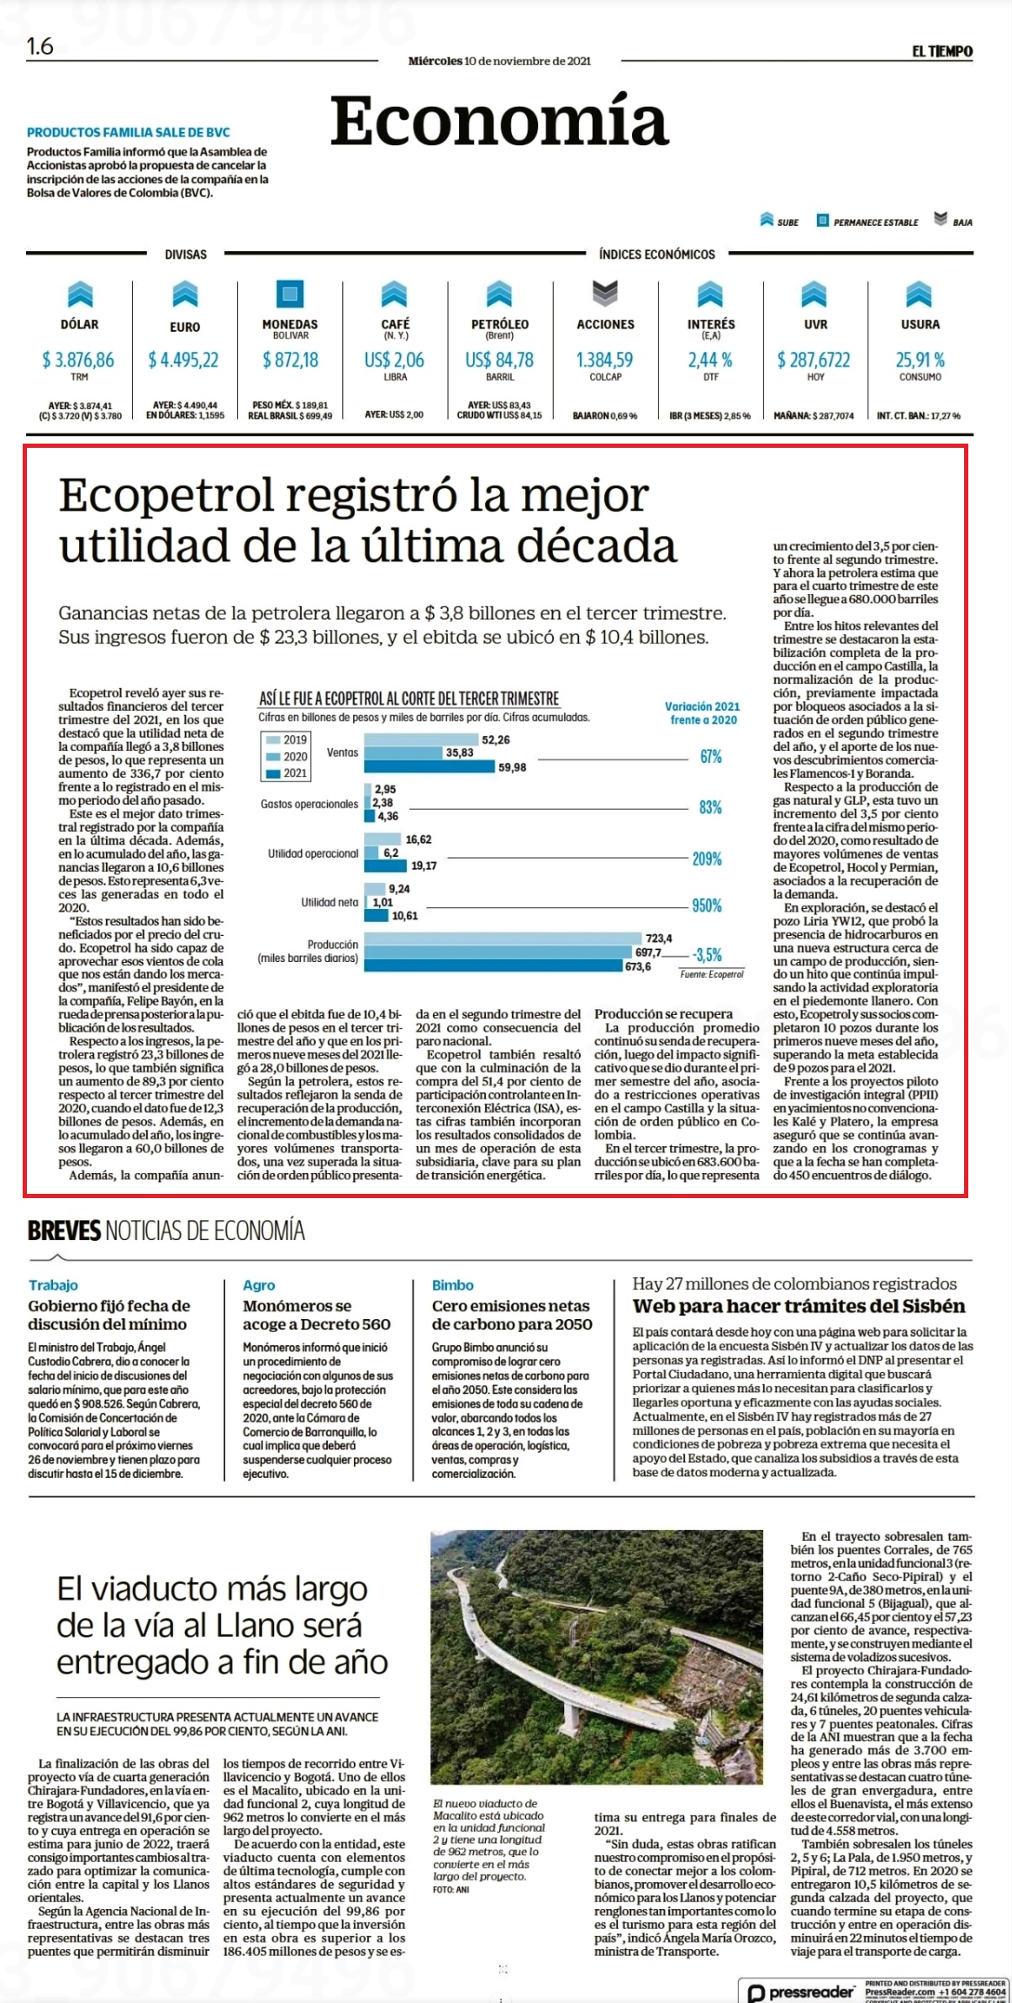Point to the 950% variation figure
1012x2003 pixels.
point(707,906)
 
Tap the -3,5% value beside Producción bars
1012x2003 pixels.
point(707,955)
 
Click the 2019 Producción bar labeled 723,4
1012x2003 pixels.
point(500,938)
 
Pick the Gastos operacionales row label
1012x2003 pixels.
point(309,804)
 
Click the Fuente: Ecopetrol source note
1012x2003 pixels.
point(712,975)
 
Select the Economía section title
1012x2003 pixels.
point(499,121)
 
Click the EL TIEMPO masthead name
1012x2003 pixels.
point(942,51)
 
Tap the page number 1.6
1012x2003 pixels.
point(40,47)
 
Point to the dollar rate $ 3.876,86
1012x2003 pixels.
point(78,360)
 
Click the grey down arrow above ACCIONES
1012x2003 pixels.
point(605,293)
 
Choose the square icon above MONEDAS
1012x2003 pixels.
point(290,293)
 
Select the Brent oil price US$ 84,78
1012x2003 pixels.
point(499,360)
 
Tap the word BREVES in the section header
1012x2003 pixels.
point(64,1232)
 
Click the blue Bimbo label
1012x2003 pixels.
point(453,1285)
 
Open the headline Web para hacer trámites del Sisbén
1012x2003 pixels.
point(799,1306)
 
